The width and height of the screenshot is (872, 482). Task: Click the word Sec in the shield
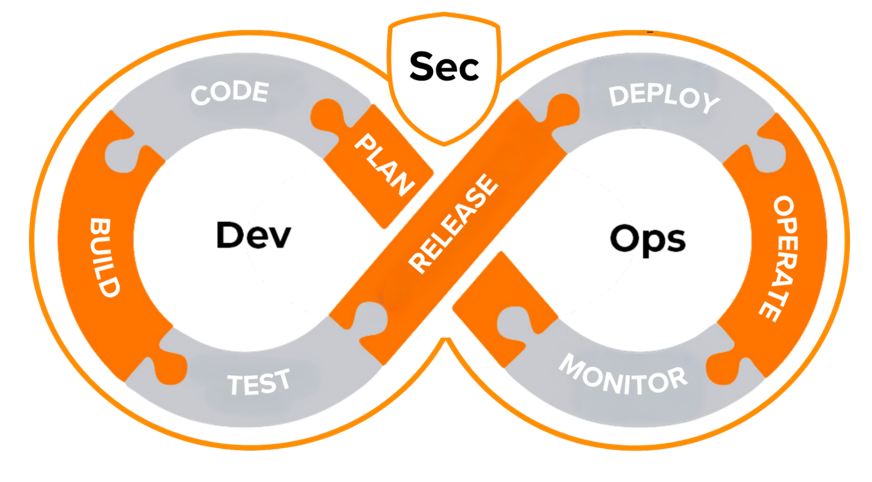click(x=444, y=67)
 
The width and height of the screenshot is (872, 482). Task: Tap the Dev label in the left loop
click(x=253, y=236)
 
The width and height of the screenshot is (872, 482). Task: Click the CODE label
click(x=229, y=94)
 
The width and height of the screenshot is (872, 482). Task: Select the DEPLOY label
click(x=664, y=98)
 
